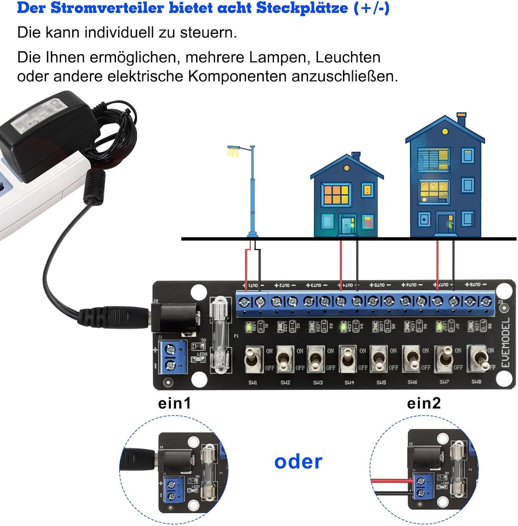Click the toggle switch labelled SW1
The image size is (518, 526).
coord(253,359)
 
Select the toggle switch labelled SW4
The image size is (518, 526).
coord(348,359)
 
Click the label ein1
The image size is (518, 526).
coord(175,403)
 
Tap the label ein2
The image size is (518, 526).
coord(424,403)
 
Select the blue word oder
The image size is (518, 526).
coord(298,462)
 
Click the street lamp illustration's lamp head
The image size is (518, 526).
coord(233,149)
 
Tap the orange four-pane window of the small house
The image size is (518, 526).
coord(336,194)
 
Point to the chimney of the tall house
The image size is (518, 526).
coord(462,119)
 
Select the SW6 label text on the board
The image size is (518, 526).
coord(412,382)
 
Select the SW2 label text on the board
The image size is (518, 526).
coord(285,383)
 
